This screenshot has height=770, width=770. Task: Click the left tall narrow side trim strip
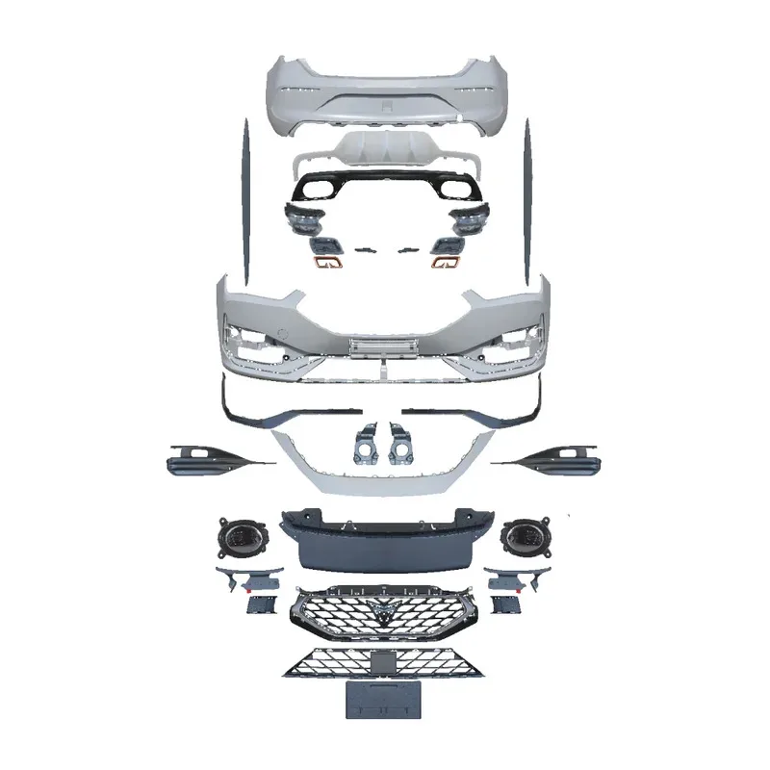[244, 192]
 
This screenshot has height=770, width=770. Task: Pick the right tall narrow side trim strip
[527, 192]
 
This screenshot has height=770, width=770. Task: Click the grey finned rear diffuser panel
[385, 152]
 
